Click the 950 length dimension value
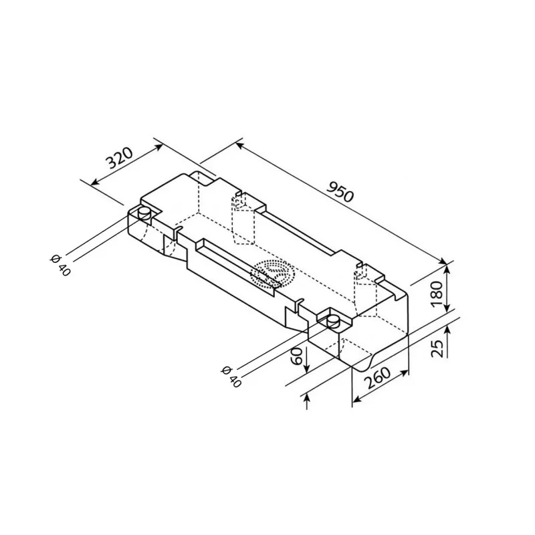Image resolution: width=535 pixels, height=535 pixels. pyautogui.click(x=340, y=193)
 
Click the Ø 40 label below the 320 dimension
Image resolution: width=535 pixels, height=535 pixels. pyautogui.click(x=60, y=264)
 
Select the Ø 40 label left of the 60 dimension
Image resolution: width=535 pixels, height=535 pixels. pyautogui.click(x=230, y=377)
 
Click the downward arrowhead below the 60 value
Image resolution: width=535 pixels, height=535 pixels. pyautogui.click(x=307, y=370)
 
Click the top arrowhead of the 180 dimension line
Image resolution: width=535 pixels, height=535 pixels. pyautogui.click(x=446, y=270)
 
